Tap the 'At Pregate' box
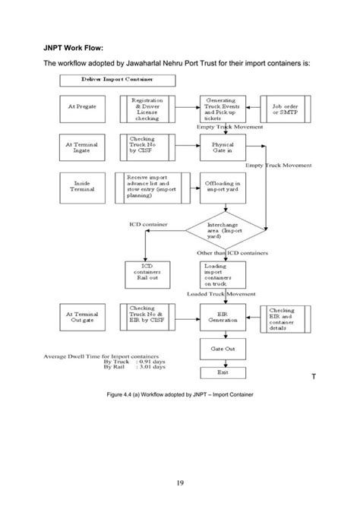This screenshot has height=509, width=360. point(82,107)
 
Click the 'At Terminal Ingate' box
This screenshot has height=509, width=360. point(82,146)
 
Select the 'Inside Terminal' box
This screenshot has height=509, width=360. point(82,186)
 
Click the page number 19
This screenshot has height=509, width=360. point(180,482)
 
